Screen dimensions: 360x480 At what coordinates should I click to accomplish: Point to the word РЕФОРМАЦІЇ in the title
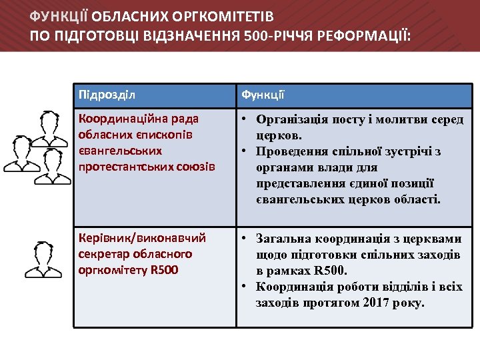369,33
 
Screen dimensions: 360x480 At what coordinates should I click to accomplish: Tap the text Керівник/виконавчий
143,238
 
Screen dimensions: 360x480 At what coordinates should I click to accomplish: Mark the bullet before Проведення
245,151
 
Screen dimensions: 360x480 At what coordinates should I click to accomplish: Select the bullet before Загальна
245,238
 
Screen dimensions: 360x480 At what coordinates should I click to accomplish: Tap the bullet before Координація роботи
245,287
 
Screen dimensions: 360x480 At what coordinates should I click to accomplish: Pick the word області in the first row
417,199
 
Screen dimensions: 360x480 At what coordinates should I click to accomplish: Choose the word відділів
417,287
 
